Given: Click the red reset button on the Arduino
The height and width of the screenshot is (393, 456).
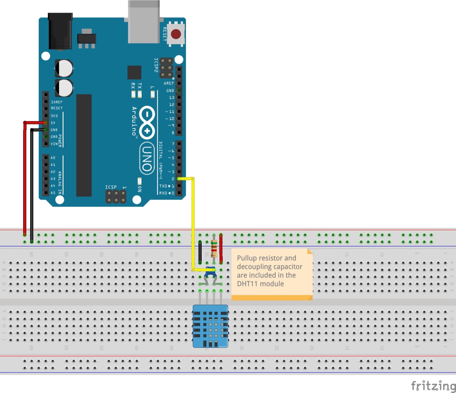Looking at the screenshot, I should [176, 34].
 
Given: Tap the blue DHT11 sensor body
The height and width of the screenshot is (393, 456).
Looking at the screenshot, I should [210, 326].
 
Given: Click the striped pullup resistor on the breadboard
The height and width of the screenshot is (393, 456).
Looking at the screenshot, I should [214, 248].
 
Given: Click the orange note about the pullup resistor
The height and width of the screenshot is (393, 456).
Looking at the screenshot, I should [272, 273].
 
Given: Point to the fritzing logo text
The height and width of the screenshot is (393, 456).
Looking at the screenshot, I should [433, 386].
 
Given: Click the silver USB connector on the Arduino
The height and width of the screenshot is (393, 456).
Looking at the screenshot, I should [144, 21].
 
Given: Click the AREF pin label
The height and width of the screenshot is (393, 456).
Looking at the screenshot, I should [169, 83].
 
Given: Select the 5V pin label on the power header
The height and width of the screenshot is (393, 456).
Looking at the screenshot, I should [53, 123].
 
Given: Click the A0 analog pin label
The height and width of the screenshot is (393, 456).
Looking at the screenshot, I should [53, 158].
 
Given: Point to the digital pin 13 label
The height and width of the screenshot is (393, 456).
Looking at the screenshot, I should [172, 98].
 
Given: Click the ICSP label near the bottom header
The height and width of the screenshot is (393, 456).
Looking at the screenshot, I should [111, 187].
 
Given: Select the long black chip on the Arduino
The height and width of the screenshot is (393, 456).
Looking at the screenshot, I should [84, 145].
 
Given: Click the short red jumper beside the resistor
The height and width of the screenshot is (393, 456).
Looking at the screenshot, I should [221, 248].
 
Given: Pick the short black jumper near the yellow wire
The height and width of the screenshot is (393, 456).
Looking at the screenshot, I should [200, 252].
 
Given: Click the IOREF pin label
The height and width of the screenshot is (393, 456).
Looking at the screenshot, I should [57, 102].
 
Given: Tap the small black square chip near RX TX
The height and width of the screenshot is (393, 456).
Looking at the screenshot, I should [134, 72].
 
